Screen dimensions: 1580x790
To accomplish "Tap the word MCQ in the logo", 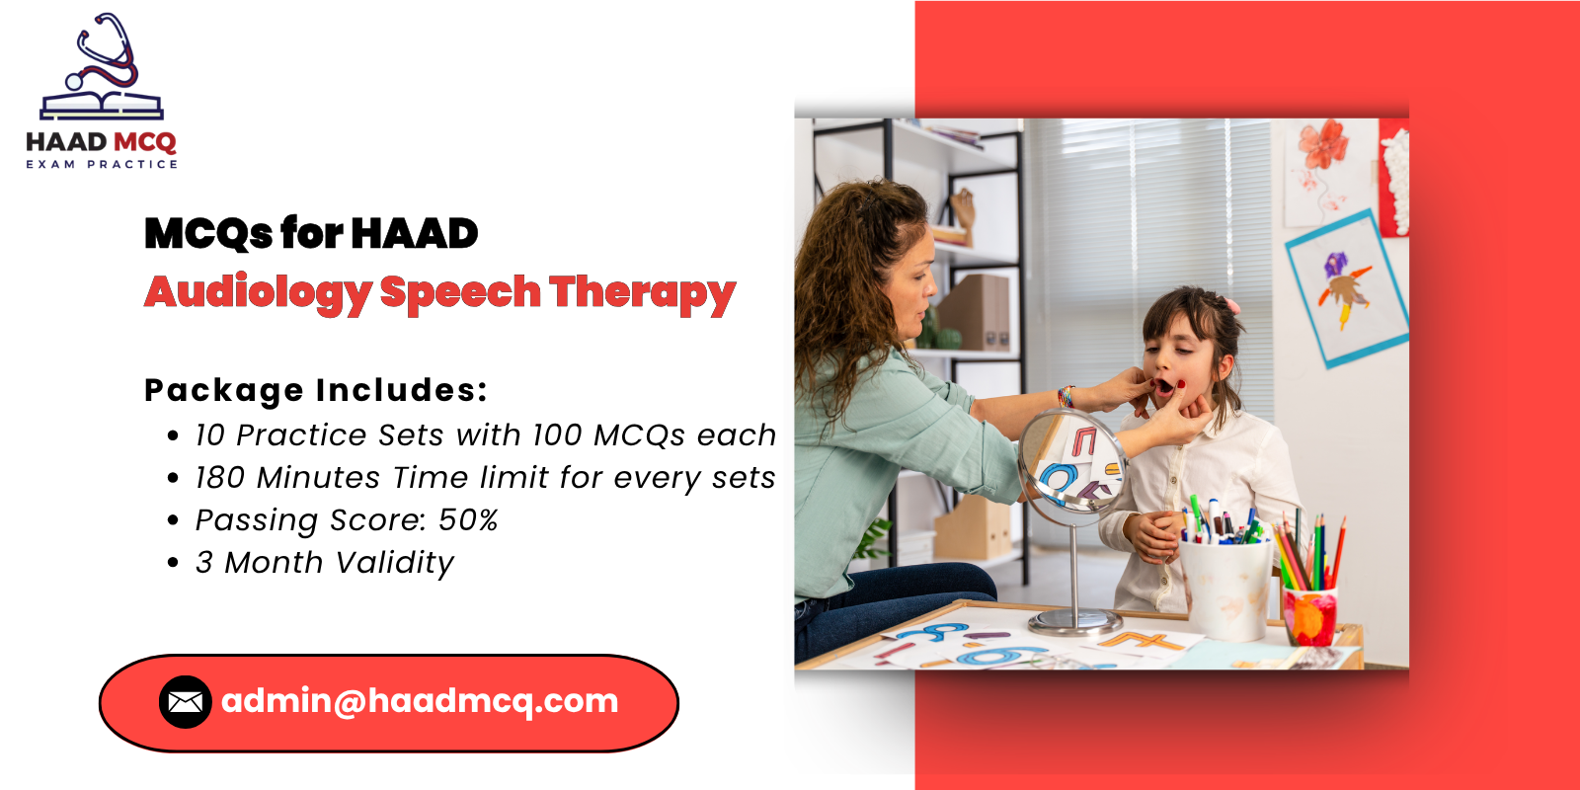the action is (144, 142).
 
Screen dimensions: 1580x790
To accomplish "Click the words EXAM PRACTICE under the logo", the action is (102, 164).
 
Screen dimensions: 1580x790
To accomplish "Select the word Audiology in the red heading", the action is (258, 292).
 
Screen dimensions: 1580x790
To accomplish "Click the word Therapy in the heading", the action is (643, 292).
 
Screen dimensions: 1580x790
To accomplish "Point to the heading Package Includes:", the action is (316, 390).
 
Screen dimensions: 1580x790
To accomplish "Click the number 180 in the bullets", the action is (219, 478).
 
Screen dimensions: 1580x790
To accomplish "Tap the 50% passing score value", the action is (468, 520).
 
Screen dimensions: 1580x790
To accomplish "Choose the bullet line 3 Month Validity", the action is (325, 563).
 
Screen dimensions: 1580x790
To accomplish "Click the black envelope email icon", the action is (186, 702).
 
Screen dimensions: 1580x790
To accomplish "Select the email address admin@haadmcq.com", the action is (420, 702).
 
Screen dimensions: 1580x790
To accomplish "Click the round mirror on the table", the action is (1072, 462).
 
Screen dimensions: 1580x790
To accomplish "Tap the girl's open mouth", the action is (1164, 386).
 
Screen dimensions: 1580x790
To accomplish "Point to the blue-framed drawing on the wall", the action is (1347, 288).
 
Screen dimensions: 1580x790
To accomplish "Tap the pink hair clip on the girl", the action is (1231, 305).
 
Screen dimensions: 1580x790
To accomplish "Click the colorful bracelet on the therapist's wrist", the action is (1066, 396).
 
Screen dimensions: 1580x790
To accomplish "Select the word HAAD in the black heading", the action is (415, 233).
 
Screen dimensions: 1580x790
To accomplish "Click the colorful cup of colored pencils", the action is (1309, 616).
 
